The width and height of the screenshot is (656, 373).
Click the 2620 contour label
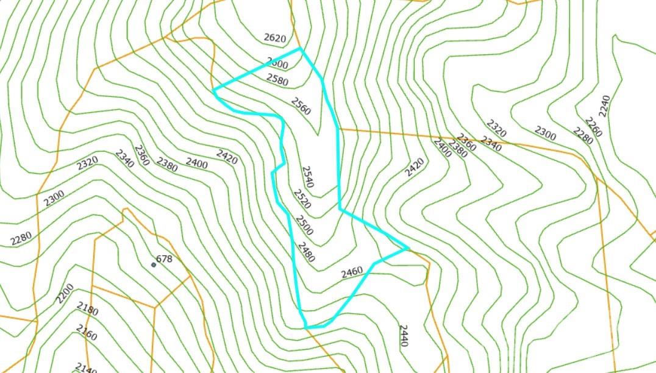pyautogui.click(x=274, y=38)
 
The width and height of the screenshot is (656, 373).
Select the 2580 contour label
pyautogui.click(x=277, y=80)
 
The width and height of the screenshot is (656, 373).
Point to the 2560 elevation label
pyautogui.click(x=301, y=106)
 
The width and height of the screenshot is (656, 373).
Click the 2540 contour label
pyautogui.click(x=307, y=177)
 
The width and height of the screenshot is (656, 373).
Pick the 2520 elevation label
pyautogui.click(x=302, y=199)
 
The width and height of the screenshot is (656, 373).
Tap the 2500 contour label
pyautogui.click(x=304, y=225)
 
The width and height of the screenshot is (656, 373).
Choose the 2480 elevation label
pyautogui.click(x=305, y=252)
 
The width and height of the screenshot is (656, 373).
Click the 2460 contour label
pyautogui.click(x=352, y=272)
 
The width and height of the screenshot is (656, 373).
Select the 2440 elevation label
pyautogui.click(x=402, y=336)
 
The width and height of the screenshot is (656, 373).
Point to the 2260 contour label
pyautogui.click(x=593, y=127)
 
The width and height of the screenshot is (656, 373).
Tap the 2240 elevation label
pyautogui.click(x=604, y=106)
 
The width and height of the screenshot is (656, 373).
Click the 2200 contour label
pyautogui.click(x=65, y=293)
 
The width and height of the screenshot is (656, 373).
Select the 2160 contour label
pyautogui.click(x=87, y=332)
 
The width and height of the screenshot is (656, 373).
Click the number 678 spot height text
pyautogui.click(x=165, y=259)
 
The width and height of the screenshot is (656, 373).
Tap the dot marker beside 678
pyautogui.click(x=154, y=265)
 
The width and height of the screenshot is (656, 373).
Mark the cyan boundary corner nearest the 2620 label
pyautogui.click(x=301, y=49)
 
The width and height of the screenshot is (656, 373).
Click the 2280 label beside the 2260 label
pyautogui.click(x=582, y=135)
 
